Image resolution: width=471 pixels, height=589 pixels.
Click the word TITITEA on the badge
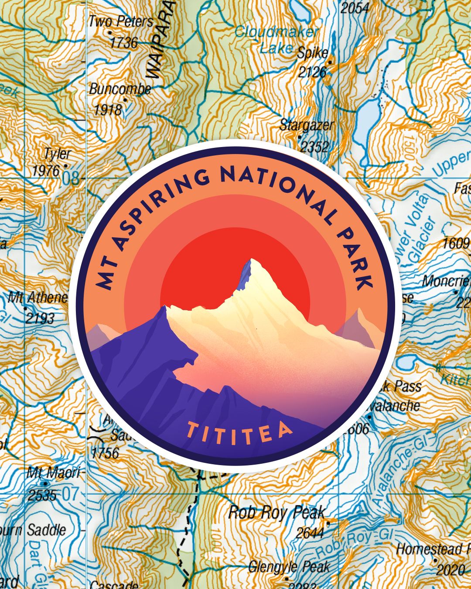(239, 431)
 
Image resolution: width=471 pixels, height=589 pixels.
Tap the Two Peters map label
(121, 21)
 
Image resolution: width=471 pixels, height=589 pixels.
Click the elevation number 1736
(123, 42)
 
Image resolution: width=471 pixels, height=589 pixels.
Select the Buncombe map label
(120, 89)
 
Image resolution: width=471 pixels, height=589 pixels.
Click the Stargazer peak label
(307, 125)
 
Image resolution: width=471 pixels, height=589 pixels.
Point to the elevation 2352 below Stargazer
(314, 147)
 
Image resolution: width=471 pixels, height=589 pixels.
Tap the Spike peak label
(312, 53)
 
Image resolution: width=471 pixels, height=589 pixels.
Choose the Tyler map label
(57, 154)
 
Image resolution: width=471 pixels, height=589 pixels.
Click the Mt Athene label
(38, 298)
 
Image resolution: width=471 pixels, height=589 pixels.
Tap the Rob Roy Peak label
(277, 512)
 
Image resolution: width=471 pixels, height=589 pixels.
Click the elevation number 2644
(309, 533)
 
